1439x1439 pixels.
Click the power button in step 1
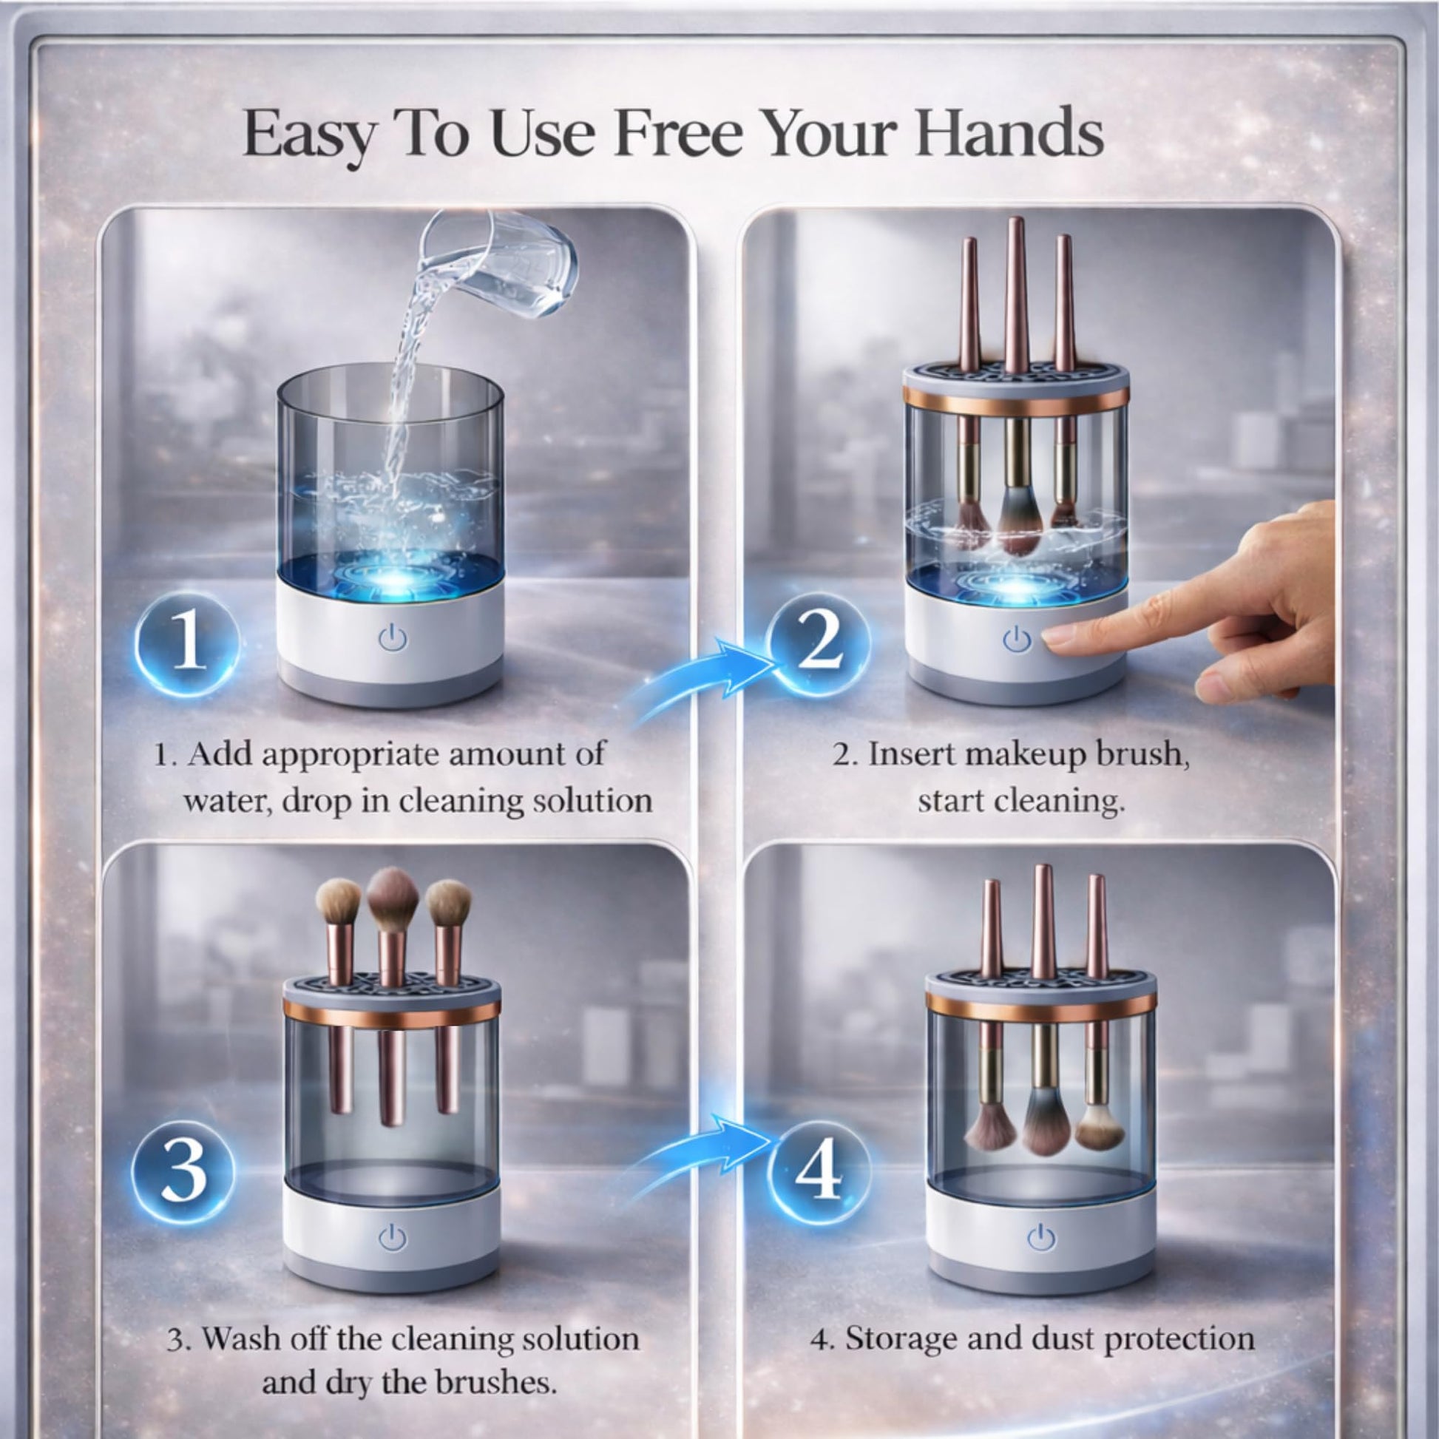click(x=392, y=637)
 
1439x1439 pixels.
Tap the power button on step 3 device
click(x=392, y=1237)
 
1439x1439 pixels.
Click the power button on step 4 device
click(x=1040, y=1238)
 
